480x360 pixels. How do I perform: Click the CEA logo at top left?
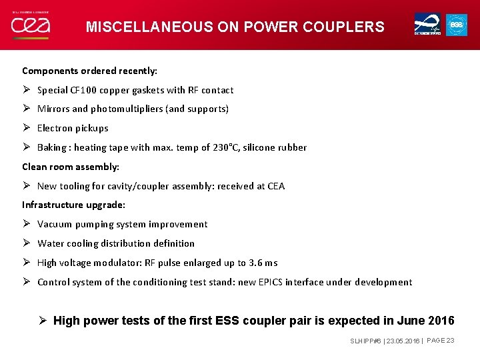coord(30,25)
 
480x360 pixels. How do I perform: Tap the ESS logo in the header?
coord(457,25)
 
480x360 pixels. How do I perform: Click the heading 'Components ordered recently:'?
coord(89,71)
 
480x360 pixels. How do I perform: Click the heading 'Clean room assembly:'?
coord(71,167)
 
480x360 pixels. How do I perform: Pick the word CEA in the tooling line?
coord(276,186)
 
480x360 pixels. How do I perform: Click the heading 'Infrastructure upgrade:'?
coord(73,205)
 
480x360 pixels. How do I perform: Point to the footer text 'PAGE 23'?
coord(441,341)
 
